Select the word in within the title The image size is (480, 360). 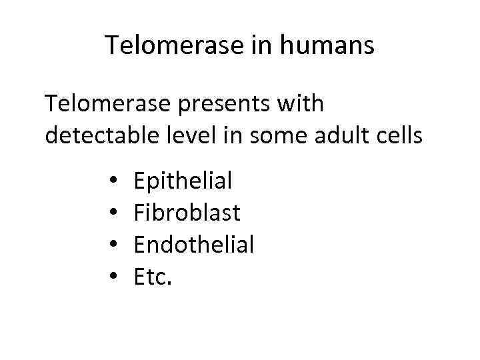coord(266,46)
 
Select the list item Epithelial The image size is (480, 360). coord(183,181)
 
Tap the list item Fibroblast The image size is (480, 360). coord(187,213)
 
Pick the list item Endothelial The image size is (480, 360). coord(193,245)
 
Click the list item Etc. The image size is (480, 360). coord(153,277)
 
